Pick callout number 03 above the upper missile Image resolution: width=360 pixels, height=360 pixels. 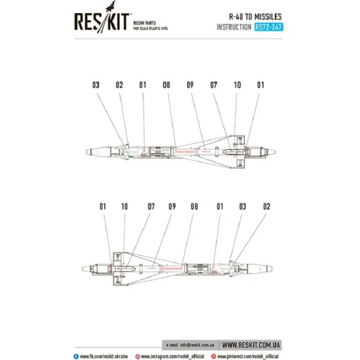point(96,85)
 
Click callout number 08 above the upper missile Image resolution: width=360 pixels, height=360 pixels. point(167,85)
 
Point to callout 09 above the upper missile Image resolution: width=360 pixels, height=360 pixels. point(190,85)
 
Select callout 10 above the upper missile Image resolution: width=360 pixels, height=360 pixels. point(238,85)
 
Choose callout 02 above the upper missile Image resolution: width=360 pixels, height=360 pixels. point(119,85)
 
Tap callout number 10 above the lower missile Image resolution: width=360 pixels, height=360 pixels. point(124,207)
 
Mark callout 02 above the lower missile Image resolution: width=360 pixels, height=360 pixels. point(266,207)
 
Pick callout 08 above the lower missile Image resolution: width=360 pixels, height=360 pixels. point(194,207)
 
